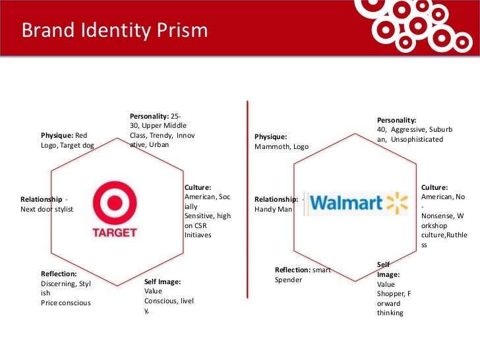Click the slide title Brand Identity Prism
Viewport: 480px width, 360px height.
[x=115, y=31]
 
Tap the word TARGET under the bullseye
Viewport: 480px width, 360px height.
[x=115, y=232]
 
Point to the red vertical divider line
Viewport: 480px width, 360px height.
[x=247, y=198]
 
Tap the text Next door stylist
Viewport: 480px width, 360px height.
[x=47, y=209]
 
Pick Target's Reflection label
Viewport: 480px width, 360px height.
[x=59, y=273]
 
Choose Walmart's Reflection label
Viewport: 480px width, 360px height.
[x=293, y=269]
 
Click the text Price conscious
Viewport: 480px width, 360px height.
[x=65, y=303]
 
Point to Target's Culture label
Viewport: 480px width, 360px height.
[x=198, y=187]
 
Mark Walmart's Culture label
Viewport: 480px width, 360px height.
[x=434, y=187]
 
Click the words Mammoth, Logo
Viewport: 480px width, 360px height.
[x=282, y=146]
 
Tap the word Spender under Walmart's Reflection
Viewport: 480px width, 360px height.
[x=288, y=280]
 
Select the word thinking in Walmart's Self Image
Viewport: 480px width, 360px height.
[x=390, y=313]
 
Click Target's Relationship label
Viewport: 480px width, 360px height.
[x=42, y=199]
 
